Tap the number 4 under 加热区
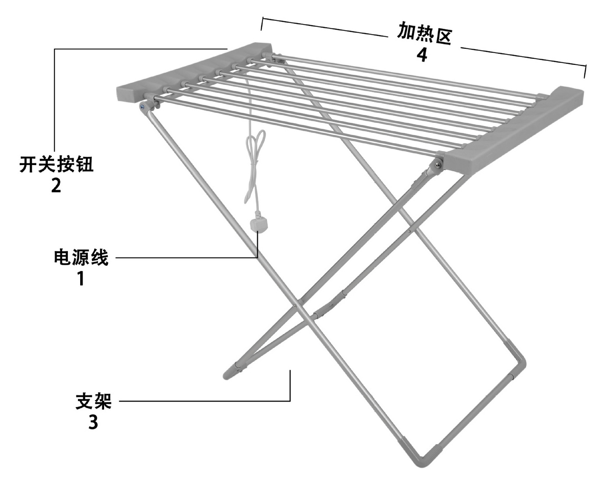click(x=422, y=54)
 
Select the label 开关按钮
click(x=56, y=165)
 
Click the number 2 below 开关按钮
click(x=56, y=186)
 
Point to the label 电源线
click(x=81, y=257)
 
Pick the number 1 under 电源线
click(x=81, y=278)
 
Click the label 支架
click(x=94, y=401)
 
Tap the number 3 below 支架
click(x=93, y=422)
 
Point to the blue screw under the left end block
click(x=142, y=105)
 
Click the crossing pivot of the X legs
click(x=297, y=304)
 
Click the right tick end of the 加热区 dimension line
click(x=585, y=71)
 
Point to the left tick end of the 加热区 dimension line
click(x=262, y=24)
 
